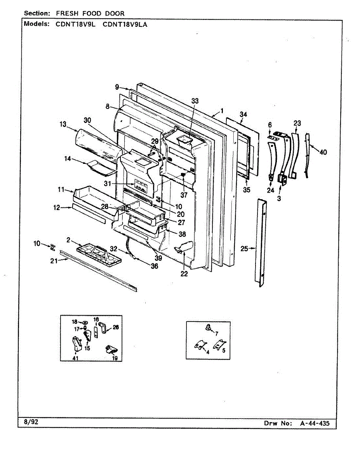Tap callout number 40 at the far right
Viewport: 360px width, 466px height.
(323, 152)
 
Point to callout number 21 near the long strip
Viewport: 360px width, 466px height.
(53, 261)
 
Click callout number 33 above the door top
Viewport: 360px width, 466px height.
(195, 101)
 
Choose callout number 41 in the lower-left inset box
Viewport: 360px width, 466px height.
(75, 357)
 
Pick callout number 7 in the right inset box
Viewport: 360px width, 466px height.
(216, 334)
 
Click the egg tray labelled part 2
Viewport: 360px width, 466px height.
(96, 254)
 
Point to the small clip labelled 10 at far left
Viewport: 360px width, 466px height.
(52, 247)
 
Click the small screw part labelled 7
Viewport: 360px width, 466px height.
(209, 328)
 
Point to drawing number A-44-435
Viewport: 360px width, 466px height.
(315, 423)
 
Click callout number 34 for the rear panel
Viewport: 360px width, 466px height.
(243, 114)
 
